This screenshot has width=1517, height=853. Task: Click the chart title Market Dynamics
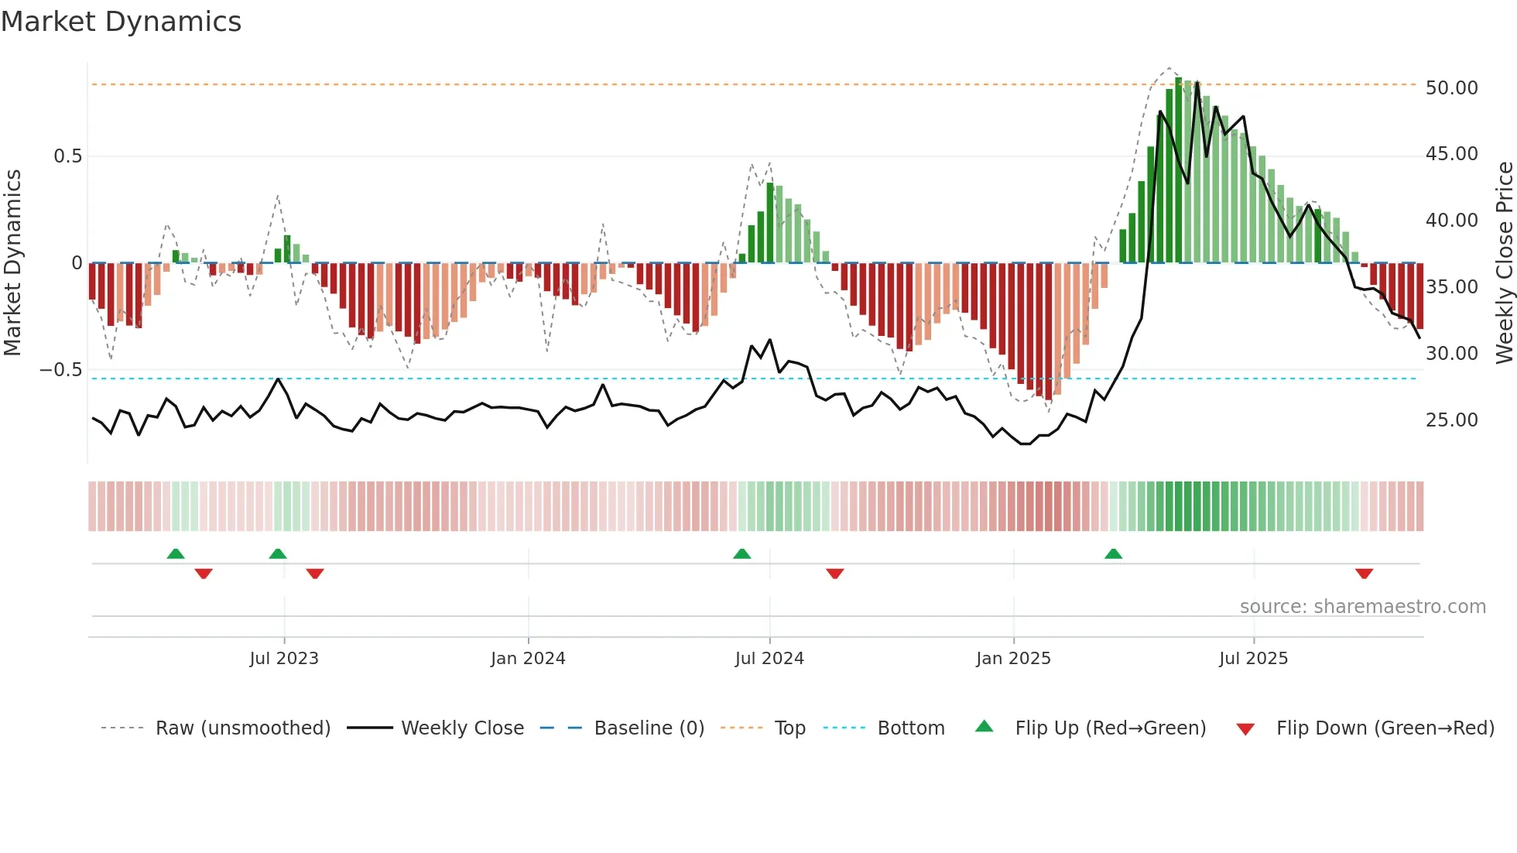(121, 22)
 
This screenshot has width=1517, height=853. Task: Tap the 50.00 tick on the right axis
(1451, 88)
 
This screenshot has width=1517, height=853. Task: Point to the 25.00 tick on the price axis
(1451, 420)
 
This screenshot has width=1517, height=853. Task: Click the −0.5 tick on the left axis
(61, 370)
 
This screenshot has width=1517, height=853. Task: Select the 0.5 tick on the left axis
(67, 156)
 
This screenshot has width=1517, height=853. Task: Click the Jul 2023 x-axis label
(284, 659)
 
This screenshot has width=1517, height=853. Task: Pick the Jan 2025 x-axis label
(1013, 659)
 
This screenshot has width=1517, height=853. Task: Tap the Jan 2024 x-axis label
(528, 659)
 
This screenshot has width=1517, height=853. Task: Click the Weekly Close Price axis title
(1504, 263)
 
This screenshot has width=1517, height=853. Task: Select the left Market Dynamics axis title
(12, 263)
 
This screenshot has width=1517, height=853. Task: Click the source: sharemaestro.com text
(1362, 607)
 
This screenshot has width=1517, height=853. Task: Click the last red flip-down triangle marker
(1364, 574)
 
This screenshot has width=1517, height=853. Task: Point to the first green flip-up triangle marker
(176, 553)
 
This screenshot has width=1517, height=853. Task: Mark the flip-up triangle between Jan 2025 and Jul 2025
(1113, 553)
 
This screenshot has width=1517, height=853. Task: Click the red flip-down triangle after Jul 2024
(834, 574)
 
